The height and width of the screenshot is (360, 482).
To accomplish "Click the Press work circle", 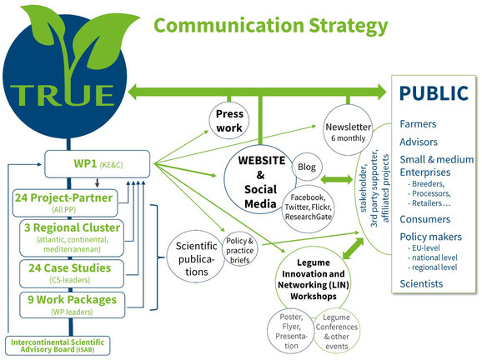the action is [x=229, y=120].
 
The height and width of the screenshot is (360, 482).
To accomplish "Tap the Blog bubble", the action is [x=307, y=167].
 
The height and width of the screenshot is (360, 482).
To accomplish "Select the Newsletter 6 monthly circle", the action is [x=348, y=130].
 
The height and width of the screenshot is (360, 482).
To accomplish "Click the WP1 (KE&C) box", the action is [x=97, y=164].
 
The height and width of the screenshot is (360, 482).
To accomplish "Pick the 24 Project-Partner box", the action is [x=65, y=203].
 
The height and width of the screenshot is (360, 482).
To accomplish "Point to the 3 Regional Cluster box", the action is [x=72, y=237].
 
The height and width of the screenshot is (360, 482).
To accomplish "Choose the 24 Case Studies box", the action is [x=72, y=273].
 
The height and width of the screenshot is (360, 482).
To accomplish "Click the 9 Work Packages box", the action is [x=73, y=305].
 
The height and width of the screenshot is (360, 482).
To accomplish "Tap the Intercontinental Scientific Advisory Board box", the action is [x=58, y=346].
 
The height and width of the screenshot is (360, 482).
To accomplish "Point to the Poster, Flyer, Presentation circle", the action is [x=291, y=331].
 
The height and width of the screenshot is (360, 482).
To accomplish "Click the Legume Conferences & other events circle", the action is [x=337, y=331].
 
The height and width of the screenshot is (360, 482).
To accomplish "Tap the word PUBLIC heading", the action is [x=434, y=93].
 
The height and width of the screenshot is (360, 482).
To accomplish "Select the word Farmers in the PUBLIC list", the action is [x=418, y=124].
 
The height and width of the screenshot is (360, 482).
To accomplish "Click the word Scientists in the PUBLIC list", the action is [x=421, y=283].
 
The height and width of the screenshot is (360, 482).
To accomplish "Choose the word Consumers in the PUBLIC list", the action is [x=424, y=219].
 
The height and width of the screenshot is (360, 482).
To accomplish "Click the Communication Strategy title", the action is [x=270, y=26].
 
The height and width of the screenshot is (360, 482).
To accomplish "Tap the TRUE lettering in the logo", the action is [x=62, y=95].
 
